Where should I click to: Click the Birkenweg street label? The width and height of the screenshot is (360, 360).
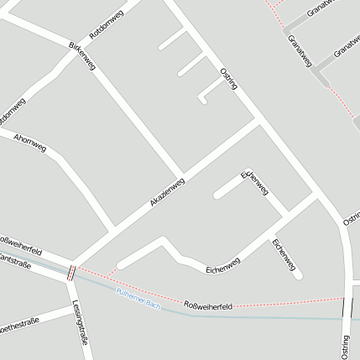click(81, 56)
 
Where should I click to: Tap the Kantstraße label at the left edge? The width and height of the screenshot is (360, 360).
click(14, 265)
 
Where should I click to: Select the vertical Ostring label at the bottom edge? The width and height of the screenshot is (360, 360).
click(345, 346)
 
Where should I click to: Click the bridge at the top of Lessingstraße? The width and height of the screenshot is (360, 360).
click(71, 273)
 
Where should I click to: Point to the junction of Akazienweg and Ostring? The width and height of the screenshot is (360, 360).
click(259, 123)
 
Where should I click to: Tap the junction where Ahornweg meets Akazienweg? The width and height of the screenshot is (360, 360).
click(114, 228)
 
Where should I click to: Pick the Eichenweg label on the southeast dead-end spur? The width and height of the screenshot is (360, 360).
click(284, 255)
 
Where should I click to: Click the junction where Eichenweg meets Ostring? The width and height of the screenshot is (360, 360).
click(315, 197)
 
